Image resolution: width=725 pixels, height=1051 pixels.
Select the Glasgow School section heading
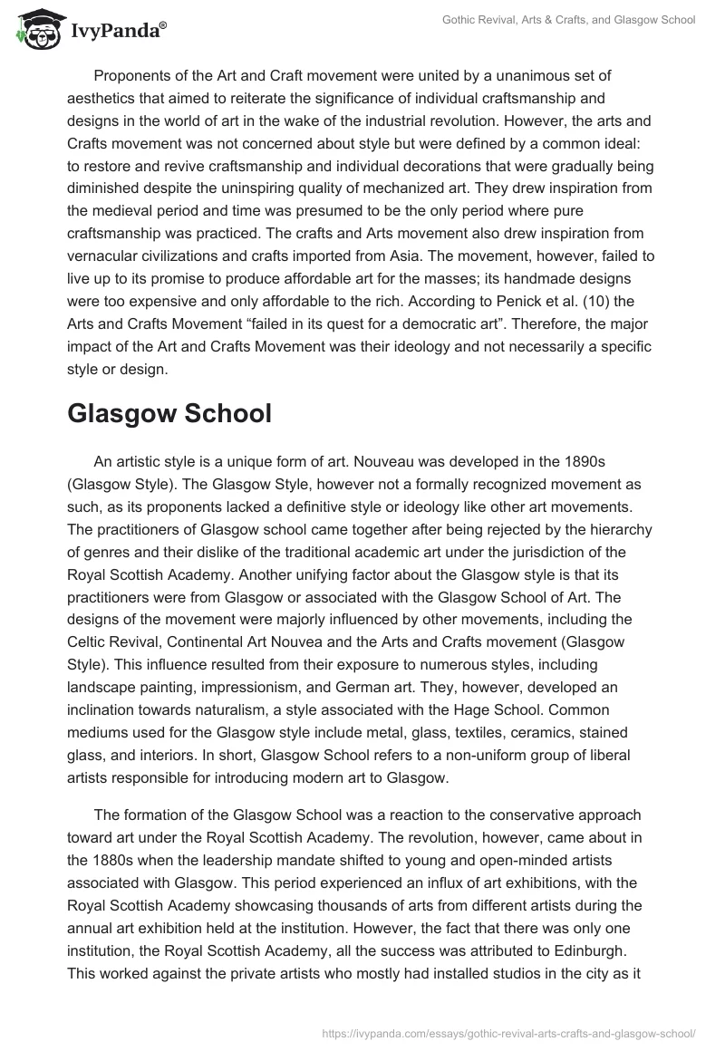point(169,413)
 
